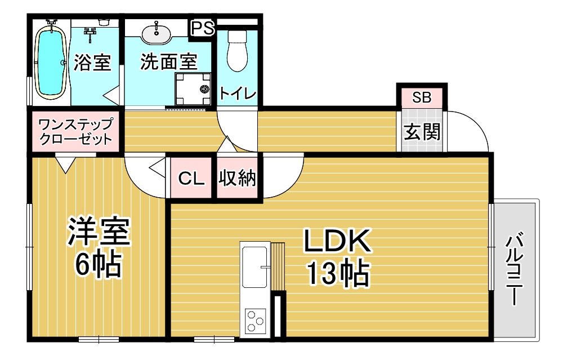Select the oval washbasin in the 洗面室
[x=156, y=34]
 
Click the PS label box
[x=203, y=28]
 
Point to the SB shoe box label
[x=422, y=97]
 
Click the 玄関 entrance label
[x=422, y=132]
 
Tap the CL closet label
[x=191, y=178]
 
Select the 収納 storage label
[x=238, y=178]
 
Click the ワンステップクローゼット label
[x=75, y=131]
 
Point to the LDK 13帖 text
[x=337, y=257]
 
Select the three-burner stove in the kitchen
[x=255, y=321]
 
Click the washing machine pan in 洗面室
[x=193, y=88]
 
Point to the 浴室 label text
[x=92, y=62]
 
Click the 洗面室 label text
[x=169, y=62]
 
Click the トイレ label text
[x=238, y=94]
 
